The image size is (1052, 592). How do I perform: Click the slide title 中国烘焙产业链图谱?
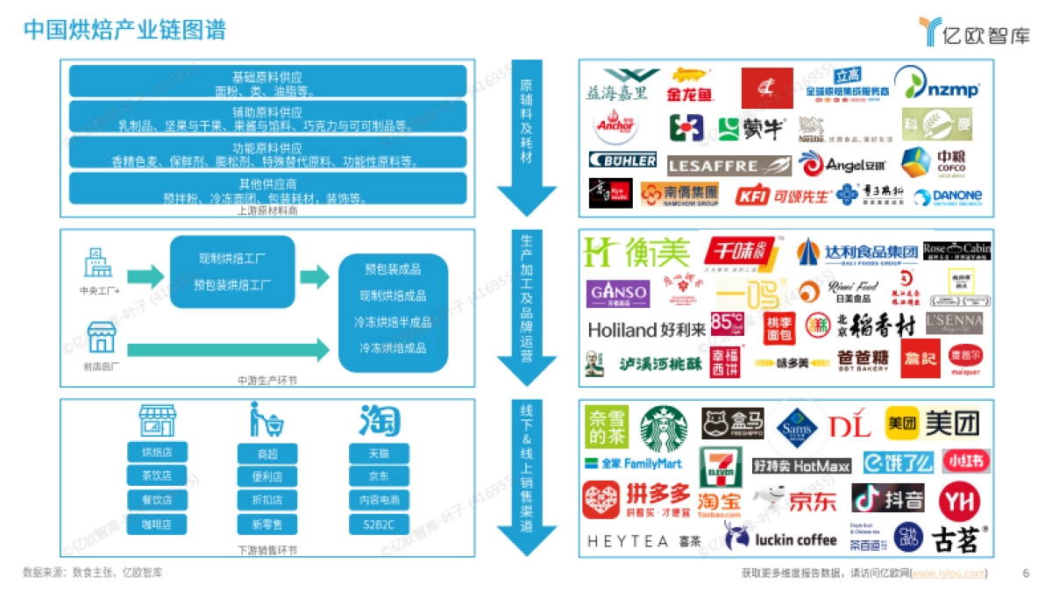[124, 31]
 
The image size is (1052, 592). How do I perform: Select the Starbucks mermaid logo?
[665, 428]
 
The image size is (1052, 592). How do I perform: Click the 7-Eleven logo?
[721, 468]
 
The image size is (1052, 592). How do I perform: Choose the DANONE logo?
[948, 196]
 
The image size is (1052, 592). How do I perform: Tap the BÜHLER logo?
[623, 160]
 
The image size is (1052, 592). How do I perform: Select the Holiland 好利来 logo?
[646, 330]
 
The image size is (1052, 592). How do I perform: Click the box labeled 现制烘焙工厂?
[232, 260]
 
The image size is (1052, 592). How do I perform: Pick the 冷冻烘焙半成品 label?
[393, 322]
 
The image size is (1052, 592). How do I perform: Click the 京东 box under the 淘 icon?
[379, 477]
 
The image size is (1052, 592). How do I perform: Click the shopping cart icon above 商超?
[267, 420]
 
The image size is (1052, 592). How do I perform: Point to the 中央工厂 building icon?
[97, 262]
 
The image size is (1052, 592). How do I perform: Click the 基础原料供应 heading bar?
[267, 76]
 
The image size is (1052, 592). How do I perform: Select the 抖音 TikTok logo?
[887, 498]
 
